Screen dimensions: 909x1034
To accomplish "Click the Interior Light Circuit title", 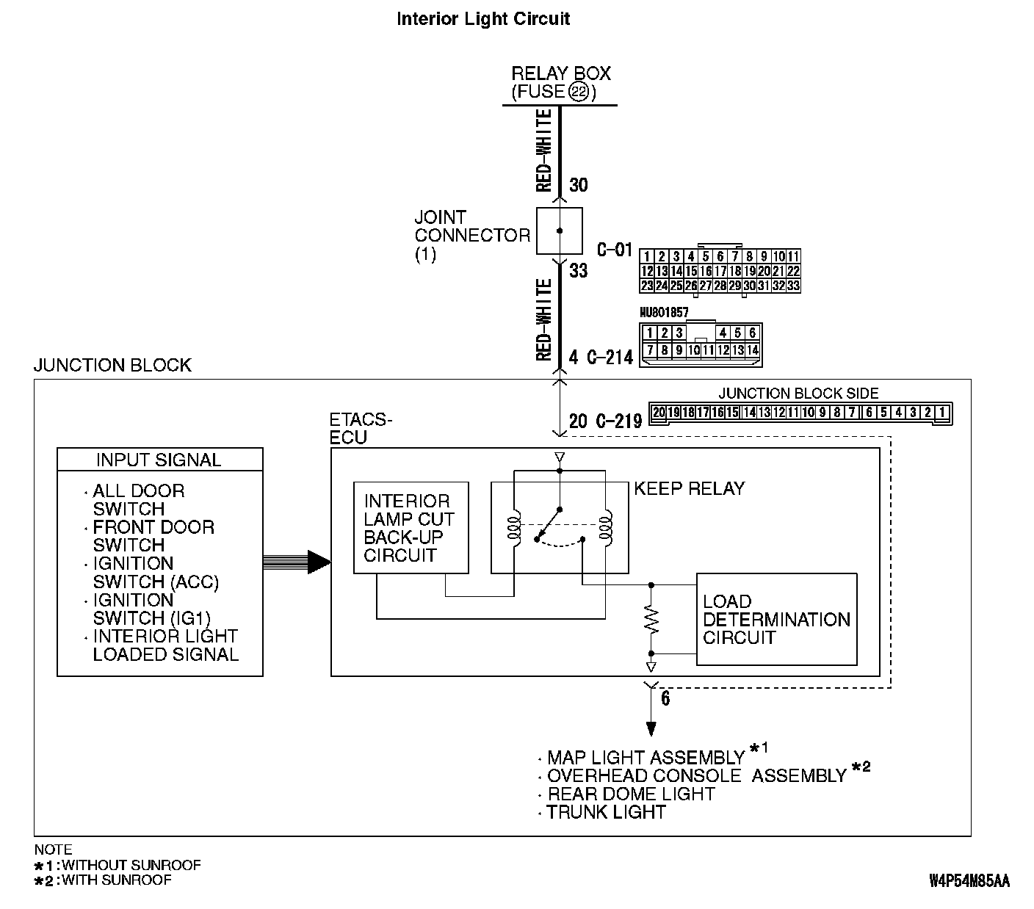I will [x=482, y=18].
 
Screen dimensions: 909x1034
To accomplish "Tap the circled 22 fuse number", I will [x=579, y=93].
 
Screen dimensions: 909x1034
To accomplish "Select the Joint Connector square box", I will [x=559, y=231].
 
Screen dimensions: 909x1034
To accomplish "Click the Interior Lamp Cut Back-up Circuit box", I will [x=411, y=527].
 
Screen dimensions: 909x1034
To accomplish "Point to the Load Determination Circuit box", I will [x=776, y=619].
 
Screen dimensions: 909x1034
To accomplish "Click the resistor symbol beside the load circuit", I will [x=651, y=619].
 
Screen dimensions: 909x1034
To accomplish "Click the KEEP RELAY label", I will [x=689, y=489].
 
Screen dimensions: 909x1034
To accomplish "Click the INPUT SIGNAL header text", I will [x=159, y=460].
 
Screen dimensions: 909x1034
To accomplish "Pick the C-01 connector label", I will [x=614, y=250].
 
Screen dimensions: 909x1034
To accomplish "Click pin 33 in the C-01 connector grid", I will [x=793, y=286].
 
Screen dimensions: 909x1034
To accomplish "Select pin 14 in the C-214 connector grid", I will [x=752, y=350].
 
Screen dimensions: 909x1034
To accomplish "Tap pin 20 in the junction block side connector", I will [x=659, y=413].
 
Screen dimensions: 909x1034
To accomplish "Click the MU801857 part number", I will [x=664, y=313].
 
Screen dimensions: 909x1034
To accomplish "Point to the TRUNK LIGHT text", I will [x=606, y=812].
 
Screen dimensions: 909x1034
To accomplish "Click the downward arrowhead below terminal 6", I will [x=651, y=729].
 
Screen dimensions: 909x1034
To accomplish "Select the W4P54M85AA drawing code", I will [x=969, y=880].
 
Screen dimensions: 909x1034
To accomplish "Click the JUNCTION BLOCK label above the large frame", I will [x=112, y=366].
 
